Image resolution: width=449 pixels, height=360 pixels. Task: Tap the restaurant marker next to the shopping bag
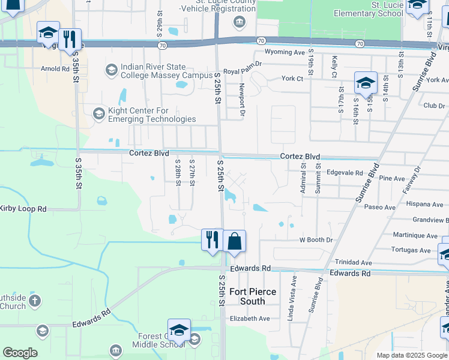[x=212, y=240]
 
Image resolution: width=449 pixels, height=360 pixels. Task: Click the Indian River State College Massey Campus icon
[x=111, y=71]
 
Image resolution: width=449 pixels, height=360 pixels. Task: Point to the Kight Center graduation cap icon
[x=98, y=113]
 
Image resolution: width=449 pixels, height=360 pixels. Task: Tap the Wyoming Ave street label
[x=285, y=52]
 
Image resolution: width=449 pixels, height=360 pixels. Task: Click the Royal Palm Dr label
[x=243, y=71]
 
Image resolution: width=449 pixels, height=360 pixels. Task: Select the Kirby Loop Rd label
[x=23, y=208]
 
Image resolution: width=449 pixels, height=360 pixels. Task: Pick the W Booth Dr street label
[x=316, y=240]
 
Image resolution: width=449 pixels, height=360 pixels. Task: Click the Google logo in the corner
[x=20, y=353]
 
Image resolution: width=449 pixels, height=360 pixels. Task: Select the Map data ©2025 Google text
[x=411, y=355]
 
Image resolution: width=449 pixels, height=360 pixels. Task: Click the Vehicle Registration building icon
[x=240, y=23]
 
